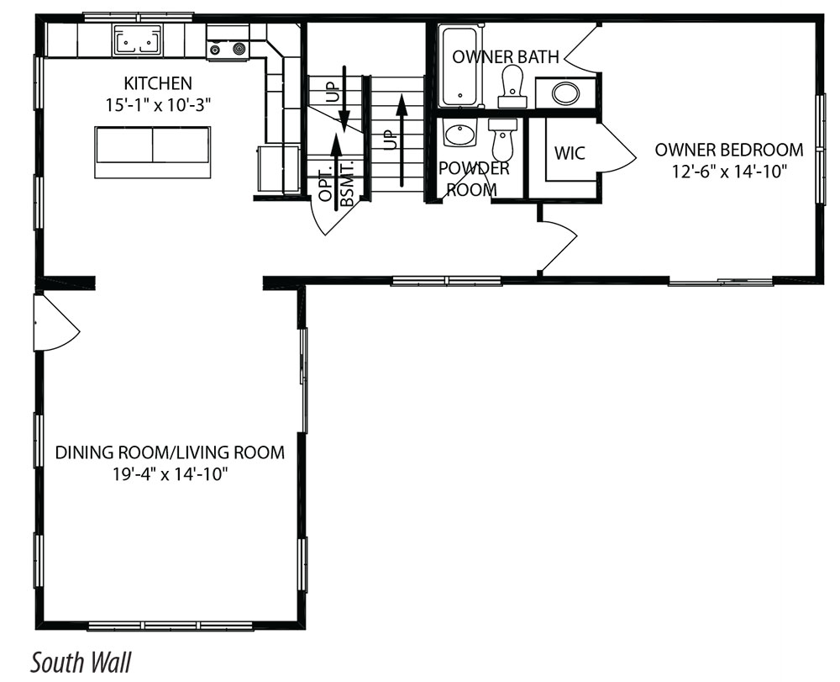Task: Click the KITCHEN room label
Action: pos(158,83)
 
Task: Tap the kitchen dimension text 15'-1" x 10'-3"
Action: pos(158,104)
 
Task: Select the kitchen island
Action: pos(153,152)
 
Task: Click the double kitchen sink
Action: pos(137,40)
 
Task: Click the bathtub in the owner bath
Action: pos(459,66)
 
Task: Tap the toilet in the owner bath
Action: pos(511,87)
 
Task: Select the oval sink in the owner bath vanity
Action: pos(565,93)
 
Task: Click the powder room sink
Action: pos(460,134)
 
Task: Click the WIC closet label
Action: pos(570,153)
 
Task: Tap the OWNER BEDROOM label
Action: pos(729,150)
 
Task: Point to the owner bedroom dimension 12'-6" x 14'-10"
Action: pos(729,172)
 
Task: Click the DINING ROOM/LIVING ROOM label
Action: pos(170,452)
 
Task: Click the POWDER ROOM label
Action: pos(474,178)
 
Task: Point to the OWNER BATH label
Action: pos(505,57)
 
